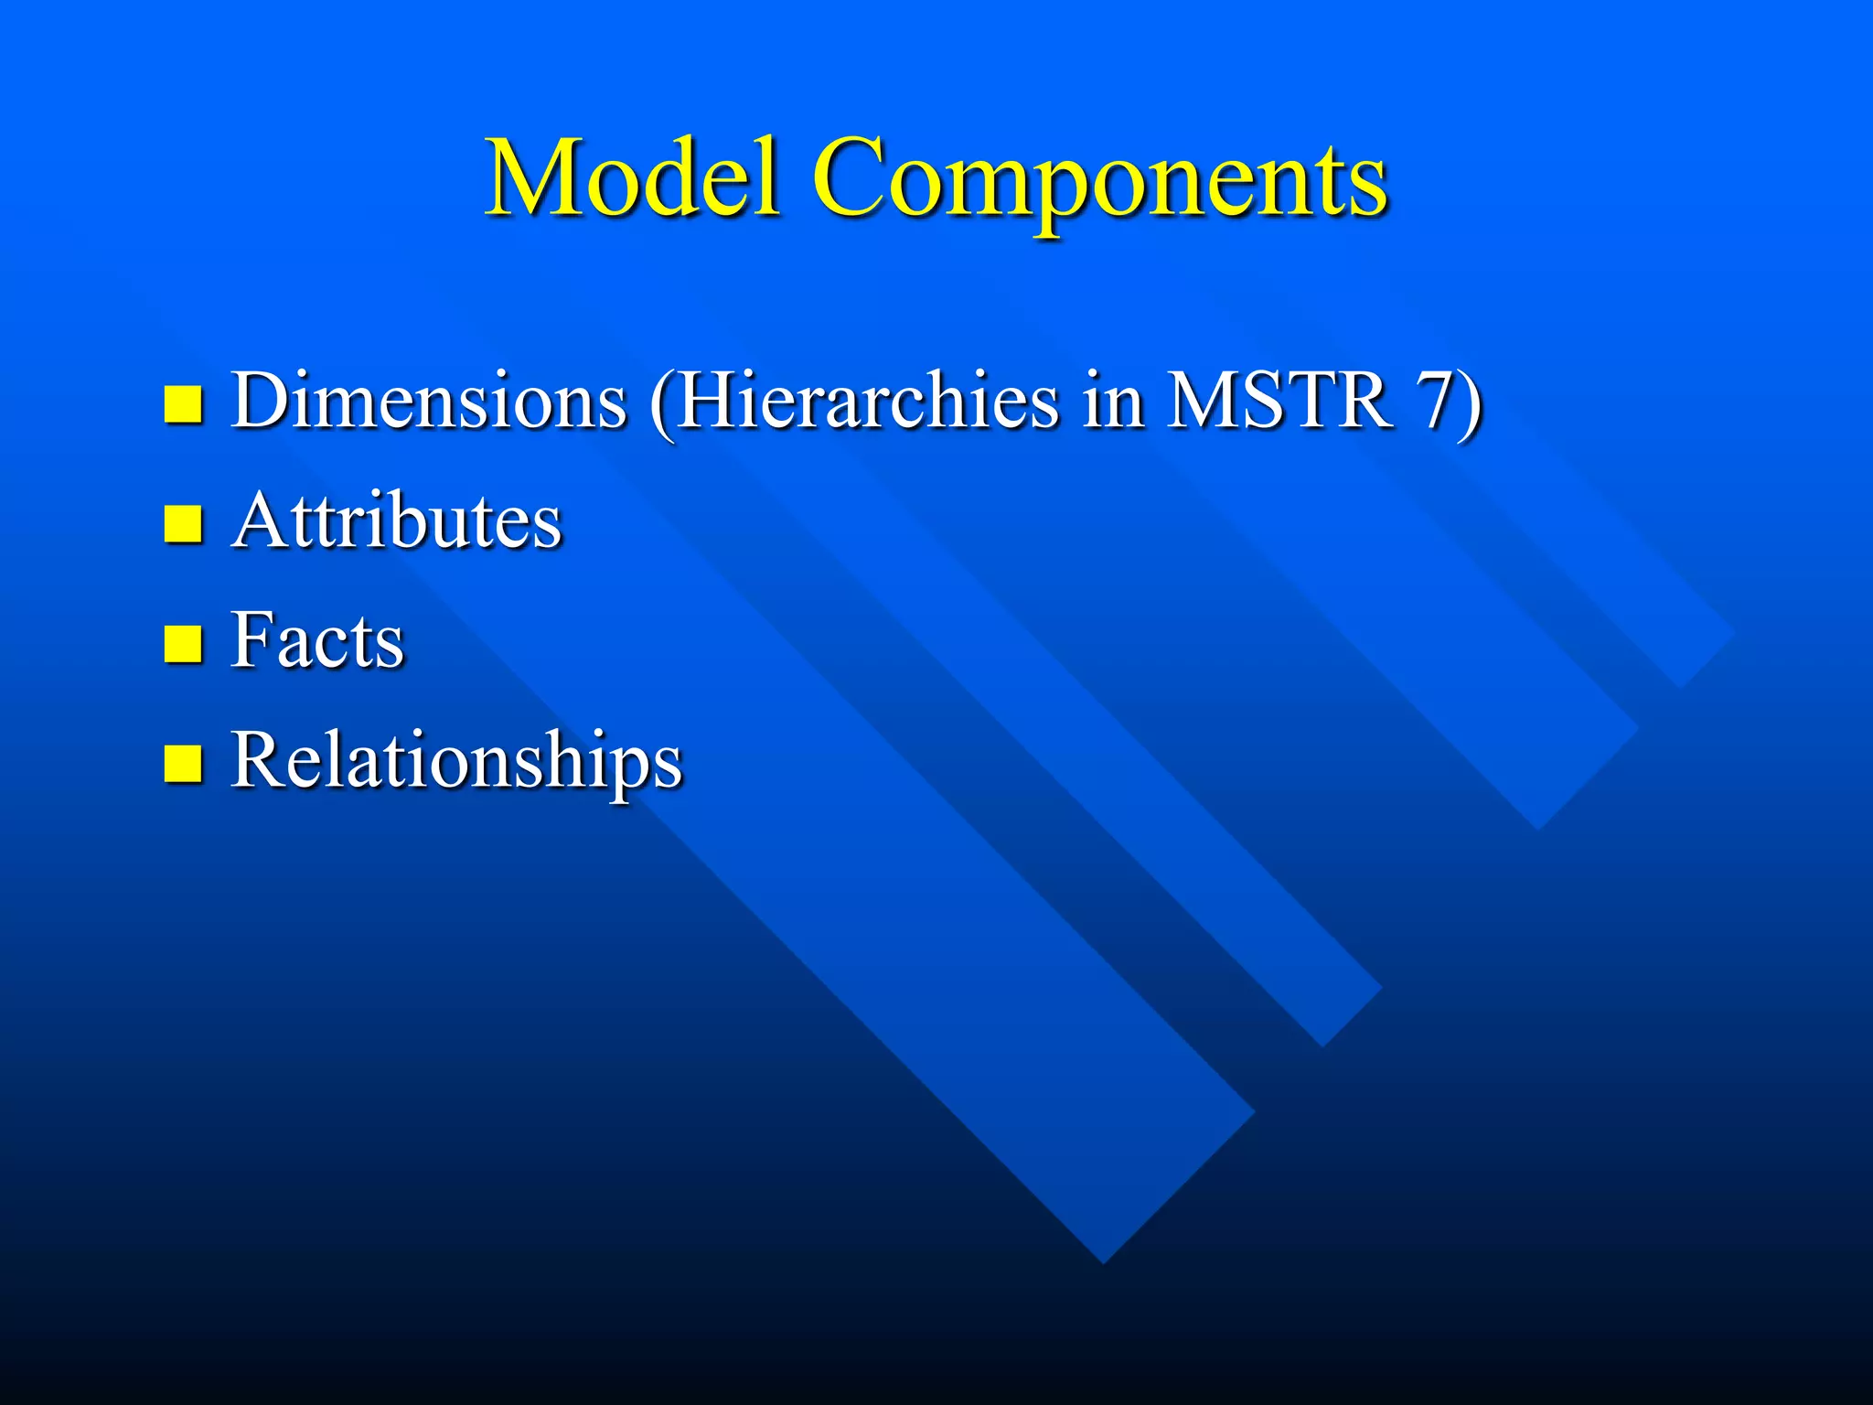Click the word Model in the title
(x=633, y=178)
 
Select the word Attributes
(x=396, y=521)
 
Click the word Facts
(x=316, y=640)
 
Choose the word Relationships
(x=456, y=761)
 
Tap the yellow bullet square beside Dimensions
(x=183, y=403)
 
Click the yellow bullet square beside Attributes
(x=183, y=525)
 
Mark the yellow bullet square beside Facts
(x=183, y=644)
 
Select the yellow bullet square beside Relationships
(x=183, y=764)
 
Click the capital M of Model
(x=529, y=178)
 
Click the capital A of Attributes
(x=260, y=521)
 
